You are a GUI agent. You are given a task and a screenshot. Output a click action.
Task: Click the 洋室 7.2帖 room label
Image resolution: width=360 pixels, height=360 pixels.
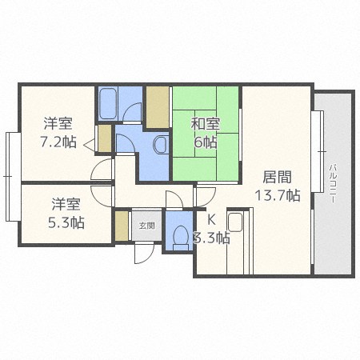click(58, 132)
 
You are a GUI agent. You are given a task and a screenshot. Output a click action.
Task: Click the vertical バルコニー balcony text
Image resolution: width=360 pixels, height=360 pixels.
click(332, 185)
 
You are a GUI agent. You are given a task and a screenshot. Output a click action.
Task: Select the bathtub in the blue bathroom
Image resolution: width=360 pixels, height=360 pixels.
click(109, 102)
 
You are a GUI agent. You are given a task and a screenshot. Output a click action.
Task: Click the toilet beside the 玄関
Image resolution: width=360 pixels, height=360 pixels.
click(180, 235)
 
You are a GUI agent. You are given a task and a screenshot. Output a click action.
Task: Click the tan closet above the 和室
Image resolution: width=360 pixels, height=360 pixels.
click(157, 104)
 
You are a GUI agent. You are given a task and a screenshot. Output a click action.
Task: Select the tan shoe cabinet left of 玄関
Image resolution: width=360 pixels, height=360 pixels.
click(121, 226)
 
